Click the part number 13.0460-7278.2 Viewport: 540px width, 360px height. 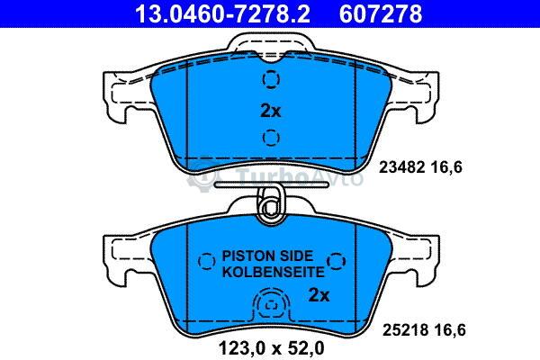[222, 13]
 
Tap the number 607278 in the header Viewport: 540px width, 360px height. [381, 13]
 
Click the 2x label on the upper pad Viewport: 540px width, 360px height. [271, 111]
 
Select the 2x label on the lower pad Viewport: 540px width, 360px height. [319, 295]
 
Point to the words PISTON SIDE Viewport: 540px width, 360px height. [267, 256]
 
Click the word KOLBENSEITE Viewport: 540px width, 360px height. [273, 272]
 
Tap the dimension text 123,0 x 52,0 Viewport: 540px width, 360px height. [272, 348]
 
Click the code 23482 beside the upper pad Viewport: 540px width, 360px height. [401, 167]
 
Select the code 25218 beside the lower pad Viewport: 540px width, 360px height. [405, 330]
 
